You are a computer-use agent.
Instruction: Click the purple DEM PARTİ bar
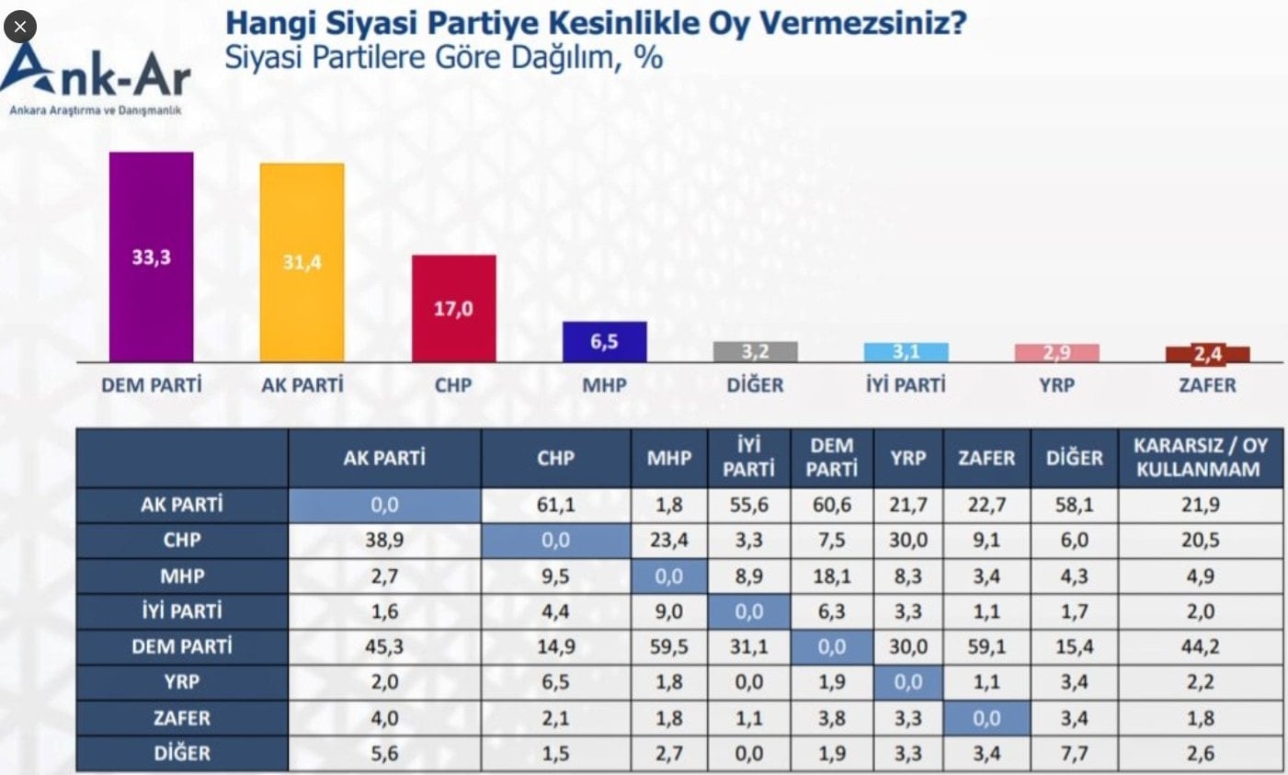[x=151, y=257]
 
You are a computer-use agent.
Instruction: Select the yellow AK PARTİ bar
[x=302, y=263]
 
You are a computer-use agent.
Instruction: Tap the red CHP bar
[x=453, y=308]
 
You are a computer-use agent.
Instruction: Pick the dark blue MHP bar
[x=604, y=342]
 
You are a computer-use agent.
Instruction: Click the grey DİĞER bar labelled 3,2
[x=755, y=352]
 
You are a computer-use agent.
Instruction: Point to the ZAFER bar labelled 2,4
[x=1207, y=354]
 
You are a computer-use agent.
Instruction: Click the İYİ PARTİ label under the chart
[x=906, y=385]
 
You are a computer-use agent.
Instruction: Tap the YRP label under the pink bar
[x=1056, y=385]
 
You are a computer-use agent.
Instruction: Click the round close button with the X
[x=20, y=27]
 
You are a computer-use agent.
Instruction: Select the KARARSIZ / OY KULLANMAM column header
[x=1200, y=457]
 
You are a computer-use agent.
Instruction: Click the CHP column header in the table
[x=555, y=458]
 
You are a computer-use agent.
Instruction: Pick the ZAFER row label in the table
[x=181, y=718]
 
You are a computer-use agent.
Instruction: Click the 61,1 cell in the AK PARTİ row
[x=555, y=504]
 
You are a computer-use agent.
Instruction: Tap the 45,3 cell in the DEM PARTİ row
[x=383, y=647]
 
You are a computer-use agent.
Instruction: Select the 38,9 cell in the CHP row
[x=383, y=540]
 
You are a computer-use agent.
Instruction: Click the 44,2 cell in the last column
[x=1200, y=647]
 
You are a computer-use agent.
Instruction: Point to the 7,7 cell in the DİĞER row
[x=1074, y=754]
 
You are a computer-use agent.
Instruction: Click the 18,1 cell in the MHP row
[x=831, y=576]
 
